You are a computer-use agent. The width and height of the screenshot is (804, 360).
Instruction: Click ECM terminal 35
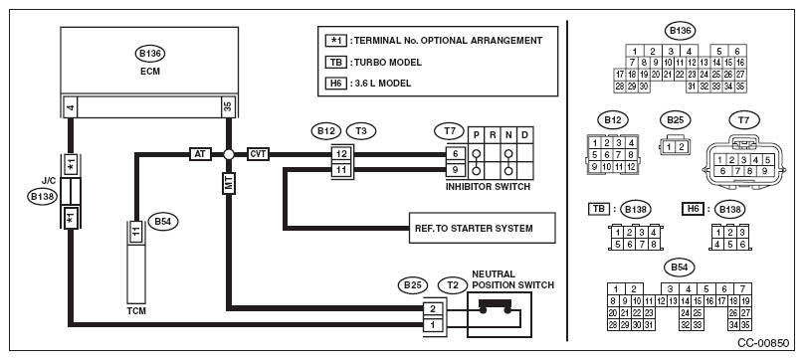(228, 106)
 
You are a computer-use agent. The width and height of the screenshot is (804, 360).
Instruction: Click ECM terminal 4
(71, 106)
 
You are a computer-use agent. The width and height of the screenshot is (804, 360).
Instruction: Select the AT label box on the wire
(200, 154)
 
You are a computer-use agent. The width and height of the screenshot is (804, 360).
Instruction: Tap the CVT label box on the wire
(258, 154)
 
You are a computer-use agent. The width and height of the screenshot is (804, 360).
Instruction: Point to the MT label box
(229, 183)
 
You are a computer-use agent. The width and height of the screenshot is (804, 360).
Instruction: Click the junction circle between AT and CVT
(229, 154)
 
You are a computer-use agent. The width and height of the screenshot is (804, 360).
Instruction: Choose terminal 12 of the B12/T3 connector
(342, 154)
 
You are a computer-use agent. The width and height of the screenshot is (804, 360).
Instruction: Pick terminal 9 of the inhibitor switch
(456, 169)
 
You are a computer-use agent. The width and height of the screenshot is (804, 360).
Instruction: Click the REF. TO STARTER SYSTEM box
(482, 228)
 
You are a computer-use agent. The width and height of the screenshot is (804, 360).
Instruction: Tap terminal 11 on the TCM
(135, 232)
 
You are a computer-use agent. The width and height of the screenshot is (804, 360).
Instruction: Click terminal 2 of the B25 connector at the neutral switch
(433, 309)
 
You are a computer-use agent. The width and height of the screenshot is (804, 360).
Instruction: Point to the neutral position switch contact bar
(495, 303)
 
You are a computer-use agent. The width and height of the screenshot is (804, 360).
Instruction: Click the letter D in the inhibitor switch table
(524, 135)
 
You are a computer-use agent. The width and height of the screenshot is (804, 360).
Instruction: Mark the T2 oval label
(453, 285)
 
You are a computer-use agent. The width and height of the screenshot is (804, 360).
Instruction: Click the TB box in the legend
(336, 63)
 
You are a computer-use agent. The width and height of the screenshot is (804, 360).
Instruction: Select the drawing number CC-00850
(763, 343)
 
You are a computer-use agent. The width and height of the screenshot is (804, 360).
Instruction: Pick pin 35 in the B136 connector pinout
(740, 87)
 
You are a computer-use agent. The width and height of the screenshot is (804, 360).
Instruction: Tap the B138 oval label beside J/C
(43, 197)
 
